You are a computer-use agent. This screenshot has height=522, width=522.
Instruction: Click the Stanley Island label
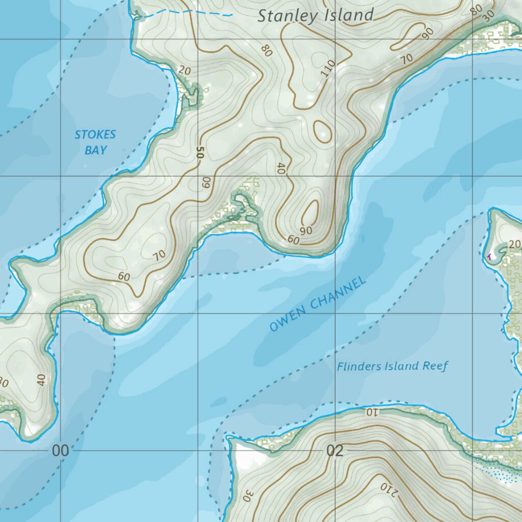pyautogui.click(x=316, y=15)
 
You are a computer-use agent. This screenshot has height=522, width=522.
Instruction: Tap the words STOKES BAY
pyautogui.click(x=95, y=142)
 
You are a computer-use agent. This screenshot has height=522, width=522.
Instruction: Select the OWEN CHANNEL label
pyautogui.click(x=318, y=304)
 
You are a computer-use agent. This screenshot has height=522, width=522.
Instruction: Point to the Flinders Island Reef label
pyautogui.click(x=392, y=366)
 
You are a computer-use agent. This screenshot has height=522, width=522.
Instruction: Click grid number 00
pyautogui.click(x=60, y=451)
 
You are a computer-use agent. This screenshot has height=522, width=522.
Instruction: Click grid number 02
pyautogui.click(x=335, y=451)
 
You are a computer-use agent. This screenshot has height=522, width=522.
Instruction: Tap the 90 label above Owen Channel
pyautogui.click(x=306, y=230)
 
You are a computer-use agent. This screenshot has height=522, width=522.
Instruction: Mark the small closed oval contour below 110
pyautogui.click(x=322, y=131)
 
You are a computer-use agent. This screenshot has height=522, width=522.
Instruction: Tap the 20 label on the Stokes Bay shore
pyautogui.click(x=185, y=71)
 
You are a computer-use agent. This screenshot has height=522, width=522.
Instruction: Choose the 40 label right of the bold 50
pyautogui.click(x=279, y=169)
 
